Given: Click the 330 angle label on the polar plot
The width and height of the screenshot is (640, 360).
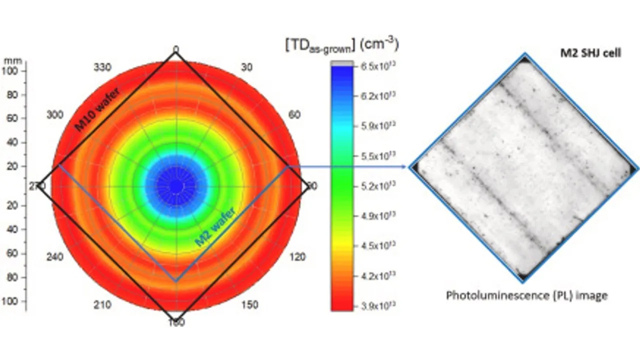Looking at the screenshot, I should point(102,68).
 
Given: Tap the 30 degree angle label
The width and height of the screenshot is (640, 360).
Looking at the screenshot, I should point(247,68).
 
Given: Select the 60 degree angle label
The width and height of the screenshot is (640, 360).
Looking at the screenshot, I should point(294,115).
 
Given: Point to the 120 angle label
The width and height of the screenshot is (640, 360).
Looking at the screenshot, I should point(298,257).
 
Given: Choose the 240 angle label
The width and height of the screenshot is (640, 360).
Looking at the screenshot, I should point(54,257).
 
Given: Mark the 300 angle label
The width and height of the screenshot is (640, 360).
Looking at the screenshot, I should point(54,115).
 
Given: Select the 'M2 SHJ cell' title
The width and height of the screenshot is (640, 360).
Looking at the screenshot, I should point(589,53).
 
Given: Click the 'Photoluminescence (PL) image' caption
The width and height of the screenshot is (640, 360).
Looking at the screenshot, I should point(526,295).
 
